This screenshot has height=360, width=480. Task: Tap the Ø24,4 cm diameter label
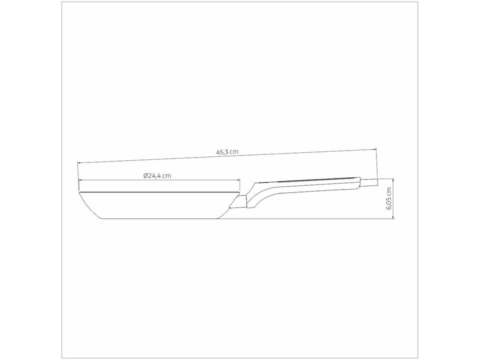point(157,175)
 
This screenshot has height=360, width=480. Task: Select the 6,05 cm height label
point(389,198)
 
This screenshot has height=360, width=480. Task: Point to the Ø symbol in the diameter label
point(145,175)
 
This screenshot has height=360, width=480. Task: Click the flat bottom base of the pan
point(160,218)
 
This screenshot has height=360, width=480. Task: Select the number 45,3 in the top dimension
point(222,152)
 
